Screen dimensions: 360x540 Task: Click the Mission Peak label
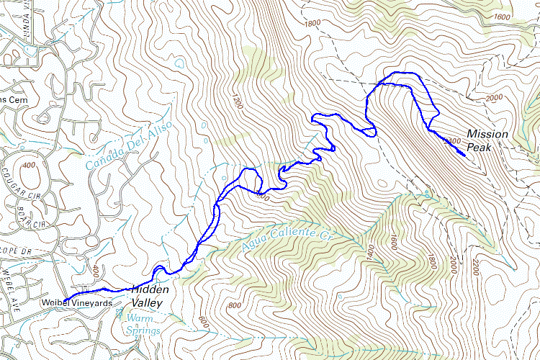(487, 141)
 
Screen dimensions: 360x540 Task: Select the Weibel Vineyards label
(76, 303)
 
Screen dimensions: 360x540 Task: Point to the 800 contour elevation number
(234, 306)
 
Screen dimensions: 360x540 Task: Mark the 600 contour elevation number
(202, 325)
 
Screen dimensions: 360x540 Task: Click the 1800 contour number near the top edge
(312, 23)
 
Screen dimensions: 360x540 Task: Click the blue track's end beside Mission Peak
(464, 155)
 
